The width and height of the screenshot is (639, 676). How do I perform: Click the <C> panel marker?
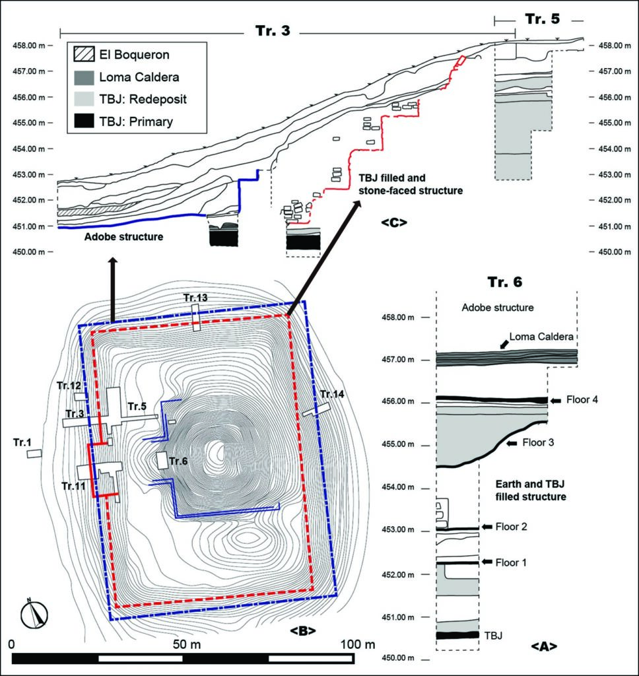coord(393,222)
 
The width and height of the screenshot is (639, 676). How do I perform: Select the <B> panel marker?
coord(302,630)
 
